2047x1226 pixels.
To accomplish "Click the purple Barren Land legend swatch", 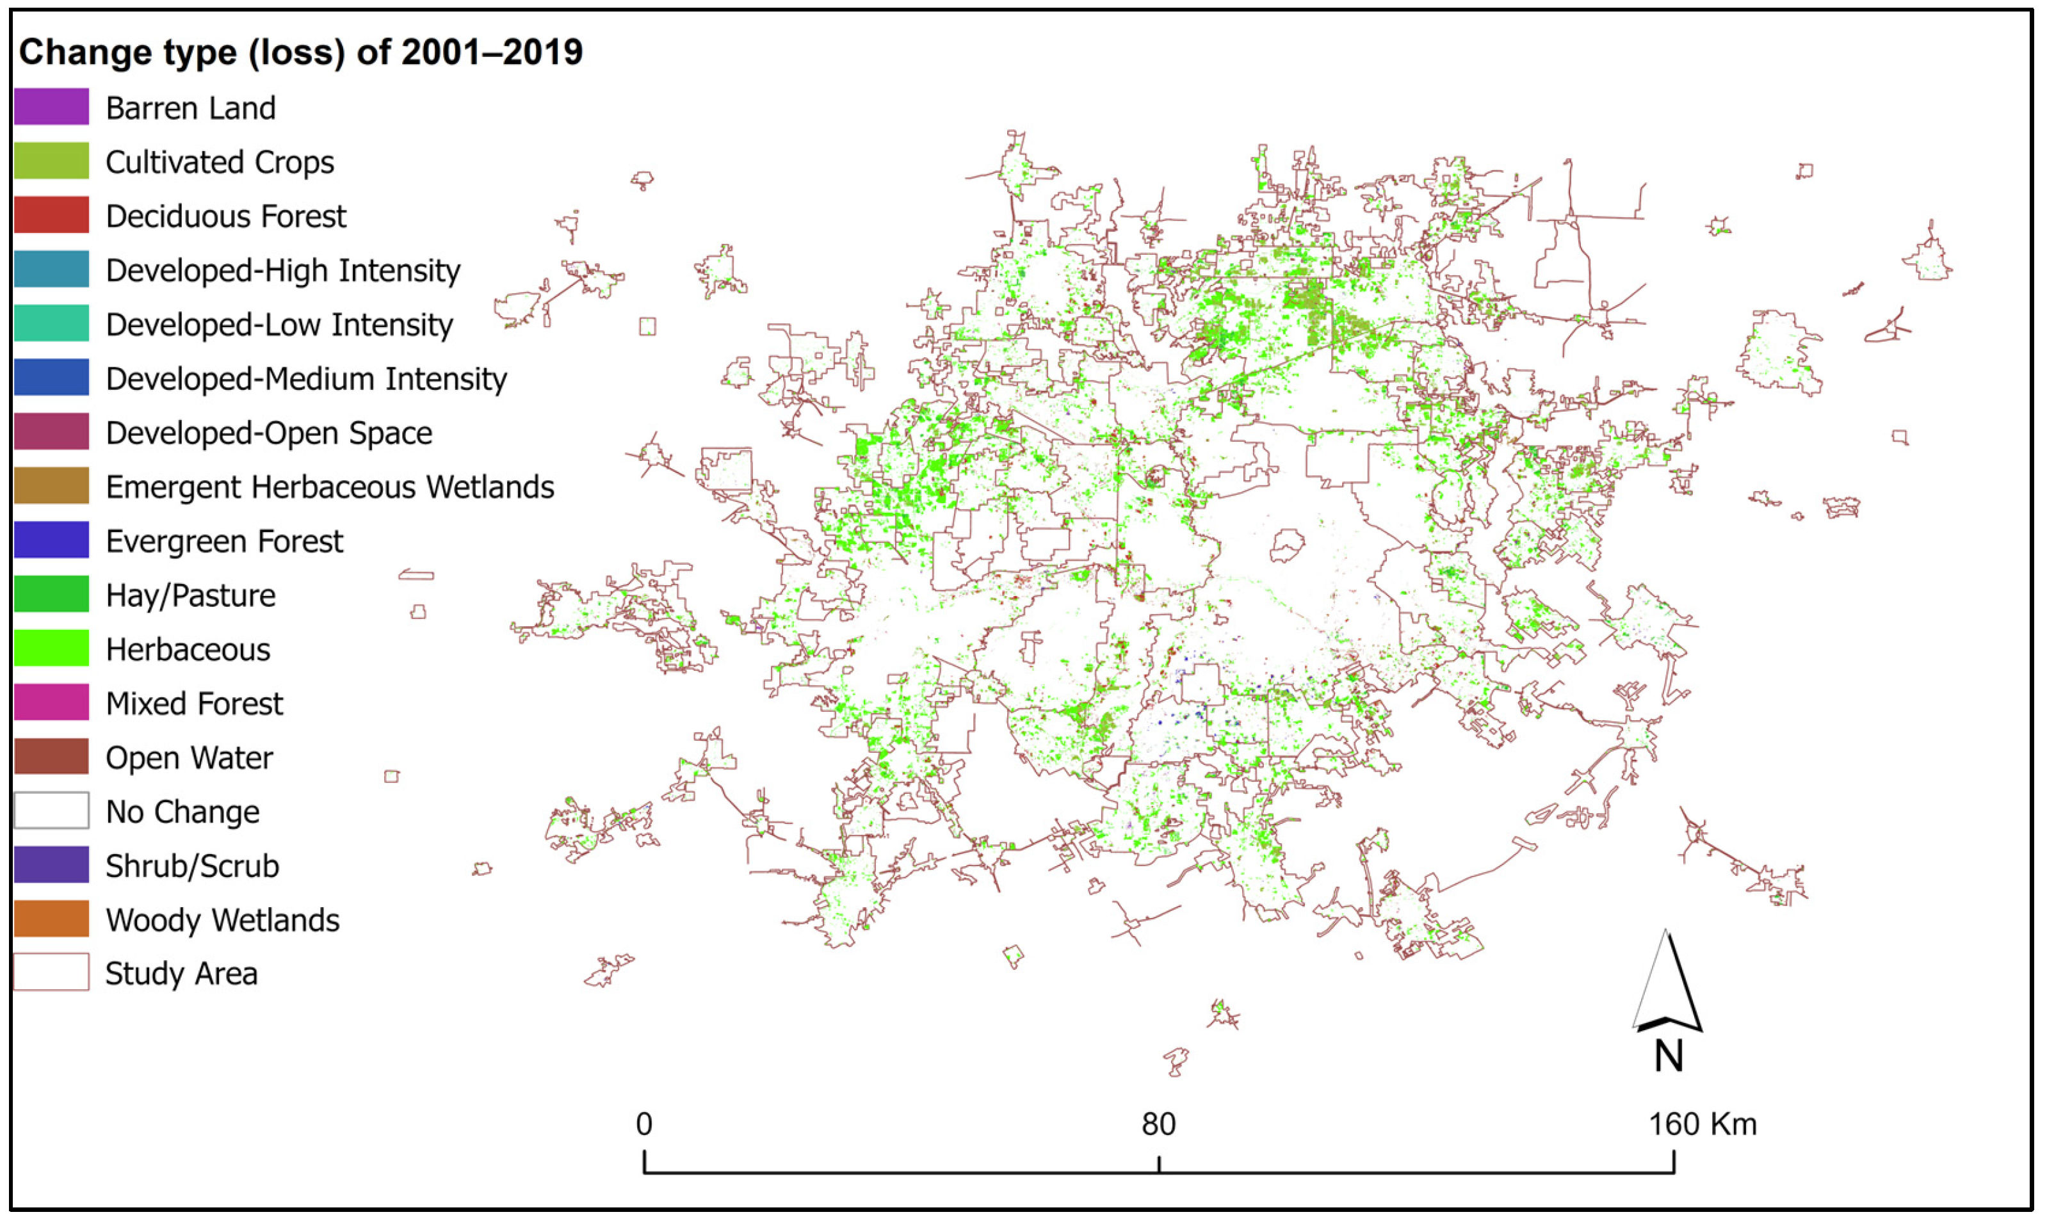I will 51,108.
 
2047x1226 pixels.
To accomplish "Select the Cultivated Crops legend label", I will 220,162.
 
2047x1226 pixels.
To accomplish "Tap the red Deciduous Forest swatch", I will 51,216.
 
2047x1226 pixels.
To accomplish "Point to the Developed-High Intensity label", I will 282,270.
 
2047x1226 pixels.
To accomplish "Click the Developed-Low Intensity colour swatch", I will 51,324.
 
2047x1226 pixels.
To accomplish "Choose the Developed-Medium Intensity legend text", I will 305,378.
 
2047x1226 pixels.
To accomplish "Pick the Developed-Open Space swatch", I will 51,432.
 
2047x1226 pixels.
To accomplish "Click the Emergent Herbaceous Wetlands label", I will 330,487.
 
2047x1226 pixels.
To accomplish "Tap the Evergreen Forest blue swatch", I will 51,540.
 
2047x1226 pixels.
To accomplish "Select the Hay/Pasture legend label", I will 191,595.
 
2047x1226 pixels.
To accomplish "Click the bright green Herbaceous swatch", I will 51,649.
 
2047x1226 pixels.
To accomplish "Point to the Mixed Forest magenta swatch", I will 51,703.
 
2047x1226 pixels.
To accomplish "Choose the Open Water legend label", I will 189,757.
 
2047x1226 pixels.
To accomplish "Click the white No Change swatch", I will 51,811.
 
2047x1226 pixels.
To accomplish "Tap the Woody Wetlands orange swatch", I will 51,919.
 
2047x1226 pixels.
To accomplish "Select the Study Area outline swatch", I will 51,972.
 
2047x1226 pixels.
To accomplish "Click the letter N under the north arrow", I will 1669,1056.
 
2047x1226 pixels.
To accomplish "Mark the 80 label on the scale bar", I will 1158,1124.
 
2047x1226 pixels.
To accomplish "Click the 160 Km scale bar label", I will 1703,1124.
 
